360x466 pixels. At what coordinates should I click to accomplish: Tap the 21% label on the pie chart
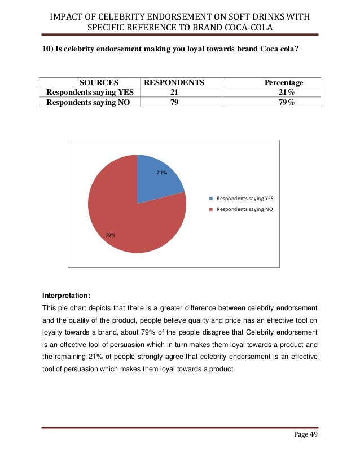pos(162,173)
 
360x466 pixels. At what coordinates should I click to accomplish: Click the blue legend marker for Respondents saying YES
pos(212,199)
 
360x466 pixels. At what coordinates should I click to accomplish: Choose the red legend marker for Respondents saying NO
pos(212,209)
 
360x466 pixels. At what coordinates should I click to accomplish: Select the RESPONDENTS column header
pos(174,82)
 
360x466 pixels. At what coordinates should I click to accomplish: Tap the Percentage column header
pos(284,82)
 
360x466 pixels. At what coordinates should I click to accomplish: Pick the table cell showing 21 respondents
pos(174,93)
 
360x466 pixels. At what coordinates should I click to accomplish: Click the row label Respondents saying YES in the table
pos(87,93)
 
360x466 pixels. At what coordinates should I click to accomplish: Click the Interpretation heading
pos(65,295)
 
